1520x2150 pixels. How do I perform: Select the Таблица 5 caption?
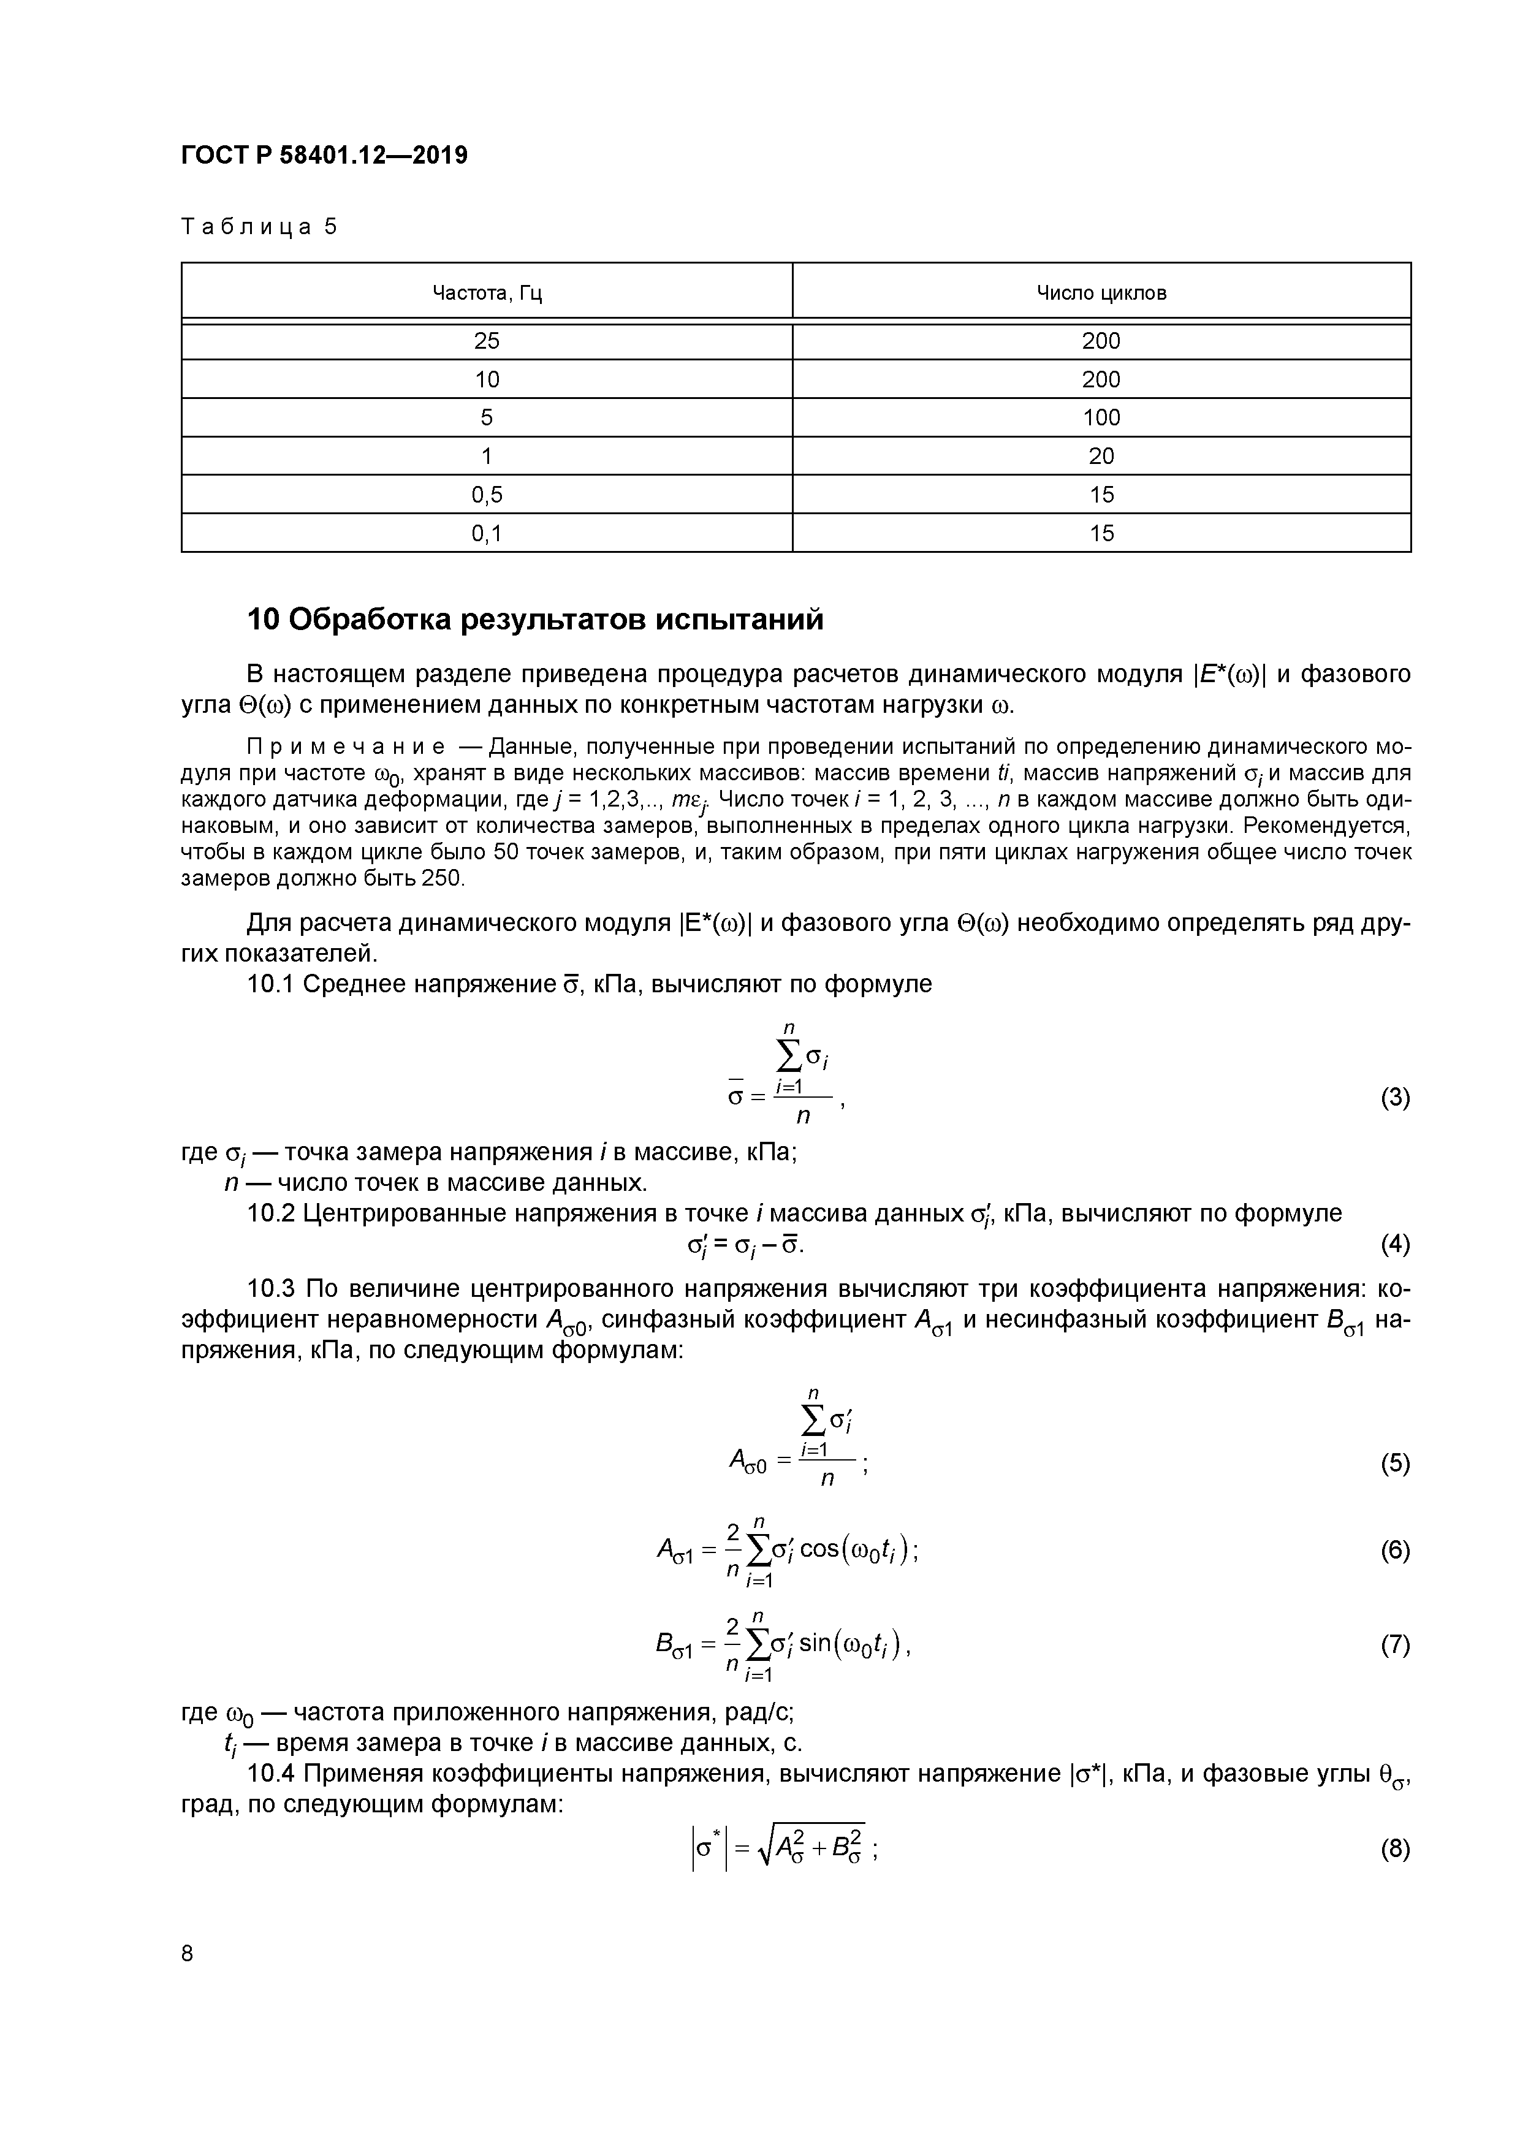pyautogui.click(x=259, y=227)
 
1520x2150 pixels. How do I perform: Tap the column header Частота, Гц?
pyautogui.click(x=487, y=293)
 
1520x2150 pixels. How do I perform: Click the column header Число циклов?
pyautogui.click(x=1101, y=293)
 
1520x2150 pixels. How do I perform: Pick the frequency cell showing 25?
pyautogui.click(x=487, y=341)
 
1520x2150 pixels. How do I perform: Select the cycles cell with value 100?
pyautogui.click(x=1101, y=417)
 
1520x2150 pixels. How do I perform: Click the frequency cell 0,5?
pyautogui.click(x=487, y=495)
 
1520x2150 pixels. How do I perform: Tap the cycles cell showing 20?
pyautogui.click(x=1101, y=456)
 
